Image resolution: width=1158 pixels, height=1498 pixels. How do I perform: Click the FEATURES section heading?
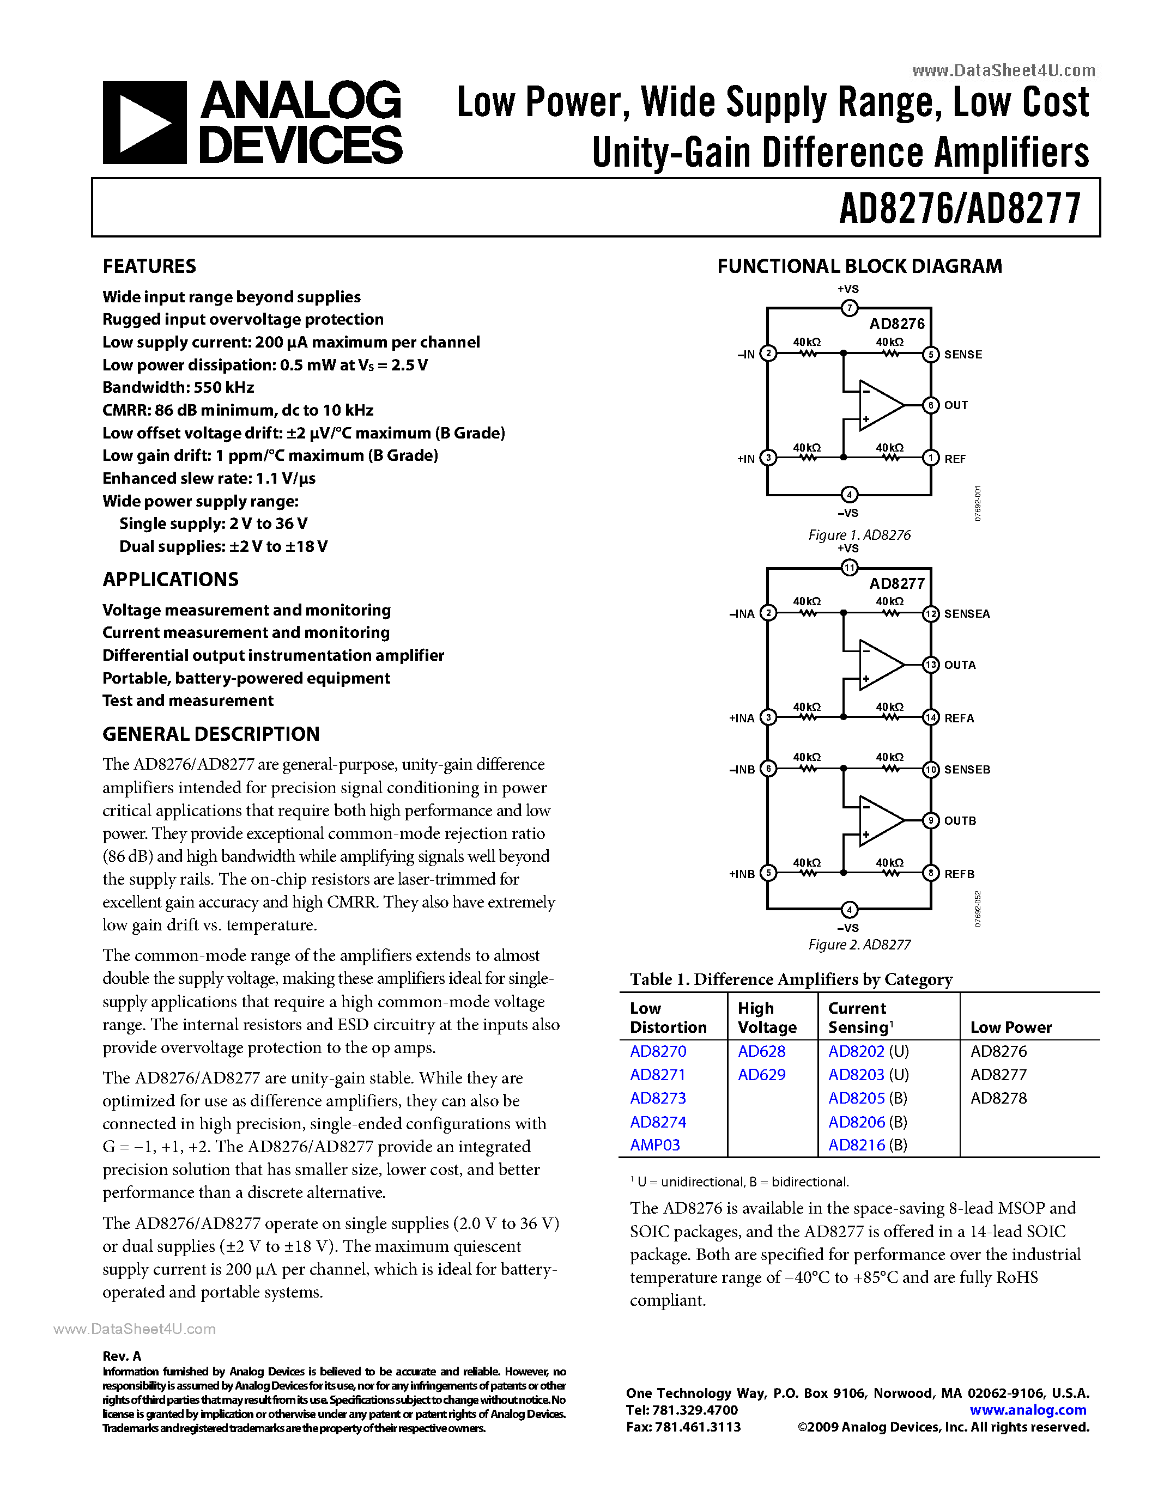pyautogui.click(x=149, y=266)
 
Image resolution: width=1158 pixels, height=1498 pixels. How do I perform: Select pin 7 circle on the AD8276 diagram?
pyautogui.click(x=850, y=308)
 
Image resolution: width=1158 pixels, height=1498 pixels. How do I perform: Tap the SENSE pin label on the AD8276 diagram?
pyautogui.click(x=962, y=355)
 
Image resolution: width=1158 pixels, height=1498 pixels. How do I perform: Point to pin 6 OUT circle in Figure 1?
pyautogui.click(x=931, y=405)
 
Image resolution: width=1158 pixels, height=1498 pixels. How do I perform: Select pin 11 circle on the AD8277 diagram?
pyautogui.click(x=850, y=567)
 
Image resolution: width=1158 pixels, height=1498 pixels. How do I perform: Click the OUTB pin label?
pyautogui.click(x=960, y=821)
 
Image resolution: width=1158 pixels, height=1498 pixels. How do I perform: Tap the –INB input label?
pyautogui.click(x=742, y=770)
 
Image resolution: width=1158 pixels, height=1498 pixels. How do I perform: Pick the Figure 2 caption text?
pyautogui.click(x=859, y=945)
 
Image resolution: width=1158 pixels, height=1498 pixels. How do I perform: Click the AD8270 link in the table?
pyautogui.click(x=658, y=1051)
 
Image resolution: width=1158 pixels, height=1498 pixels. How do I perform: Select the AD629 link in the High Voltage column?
pyautogui.click(x=761, y=1074)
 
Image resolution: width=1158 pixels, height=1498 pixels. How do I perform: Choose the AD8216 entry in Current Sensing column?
pyautogui.click(x=857, y=1145)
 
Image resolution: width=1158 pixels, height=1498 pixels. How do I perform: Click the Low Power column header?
pyautogui.click(x=1010, y=1027)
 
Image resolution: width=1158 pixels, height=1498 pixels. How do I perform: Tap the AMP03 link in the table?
pyautogui.click(x=655, y=1145)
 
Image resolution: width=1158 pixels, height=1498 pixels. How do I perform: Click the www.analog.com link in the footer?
pyautogui.click(x=1028, y=1410)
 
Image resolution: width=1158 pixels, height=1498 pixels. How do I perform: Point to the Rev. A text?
pyautogui.click(x=122, y=1356)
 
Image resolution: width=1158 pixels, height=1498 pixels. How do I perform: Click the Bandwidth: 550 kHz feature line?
pyautogui.click(x=178, y=387)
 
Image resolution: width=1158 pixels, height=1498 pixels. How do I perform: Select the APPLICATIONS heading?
pyautogui.click(x=170, y=580)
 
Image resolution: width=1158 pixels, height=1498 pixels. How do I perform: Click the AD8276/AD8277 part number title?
pyautogui.click(x=960, y=209)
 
